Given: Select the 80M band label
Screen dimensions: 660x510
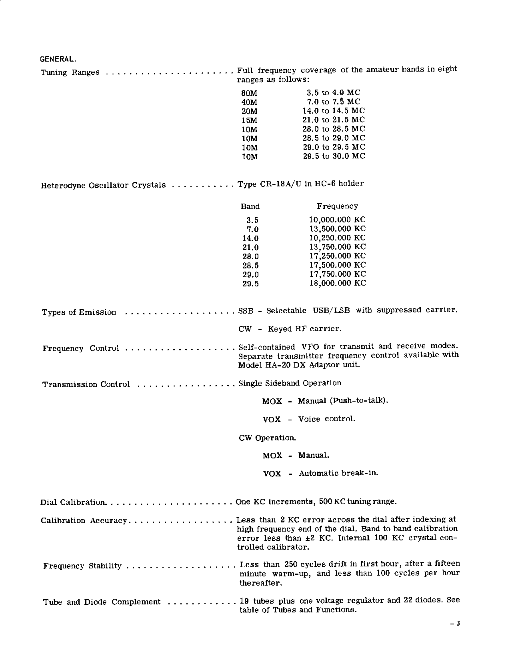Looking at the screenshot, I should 249,93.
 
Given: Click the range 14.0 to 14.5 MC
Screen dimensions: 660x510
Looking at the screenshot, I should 334,111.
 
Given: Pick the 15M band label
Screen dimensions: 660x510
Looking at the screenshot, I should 249,120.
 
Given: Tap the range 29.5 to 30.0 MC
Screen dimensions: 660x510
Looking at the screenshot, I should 334,156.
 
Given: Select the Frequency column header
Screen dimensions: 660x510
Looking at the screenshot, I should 337,206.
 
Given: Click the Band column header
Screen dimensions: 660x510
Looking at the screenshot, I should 250,207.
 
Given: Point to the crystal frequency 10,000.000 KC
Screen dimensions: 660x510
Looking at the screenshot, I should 337,220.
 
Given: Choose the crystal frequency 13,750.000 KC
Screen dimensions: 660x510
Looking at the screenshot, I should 337,247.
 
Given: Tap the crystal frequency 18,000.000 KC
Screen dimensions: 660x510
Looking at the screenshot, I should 337,284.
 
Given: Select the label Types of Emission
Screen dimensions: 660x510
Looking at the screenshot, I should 79,312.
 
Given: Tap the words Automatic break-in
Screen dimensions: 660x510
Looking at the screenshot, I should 338,473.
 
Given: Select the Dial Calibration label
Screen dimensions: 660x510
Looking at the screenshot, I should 73,502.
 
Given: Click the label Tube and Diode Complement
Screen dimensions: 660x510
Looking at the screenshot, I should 102,602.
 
